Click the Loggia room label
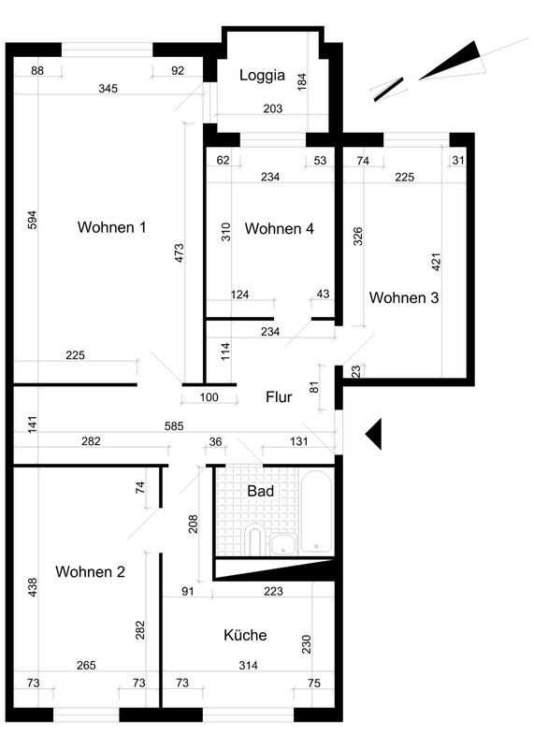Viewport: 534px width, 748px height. (x=262, y=76)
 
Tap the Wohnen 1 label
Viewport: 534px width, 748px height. (x=111, y=227)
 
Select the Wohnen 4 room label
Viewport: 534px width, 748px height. (x=280, y=228)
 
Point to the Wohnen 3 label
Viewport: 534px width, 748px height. (x=404, y=297)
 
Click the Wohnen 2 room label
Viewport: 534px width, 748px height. (x=90, y=571)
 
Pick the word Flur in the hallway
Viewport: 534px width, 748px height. (x=279, y=396)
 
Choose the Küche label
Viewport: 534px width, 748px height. (x=245, y=635)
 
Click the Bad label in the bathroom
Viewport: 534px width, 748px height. (x=261, y=491)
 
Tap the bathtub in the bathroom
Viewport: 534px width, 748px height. (x=316, y=511)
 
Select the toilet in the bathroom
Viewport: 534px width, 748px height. (x=256, y=540)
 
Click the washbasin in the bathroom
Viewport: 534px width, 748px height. (x=283, y=544)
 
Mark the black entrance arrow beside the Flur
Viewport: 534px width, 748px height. (x=373, y=434)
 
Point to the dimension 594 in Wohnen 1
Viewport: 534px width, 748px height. (x=32, y=220)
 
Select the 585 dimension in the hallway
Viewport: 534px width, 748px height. (x=174, y=426)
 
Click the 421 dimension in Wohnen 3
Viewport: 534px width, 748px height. (x=436, y=262)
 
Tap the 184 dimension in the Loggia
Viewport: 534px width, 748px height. (x=301, y=81)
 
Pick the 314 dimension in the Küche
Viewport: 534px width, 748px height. (x=248, y=665)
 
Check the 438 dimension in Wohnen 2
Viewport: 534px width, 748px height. (x=32, y=588)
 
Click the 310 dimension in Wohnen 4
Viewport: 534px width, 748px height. (x=225, y=232)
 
